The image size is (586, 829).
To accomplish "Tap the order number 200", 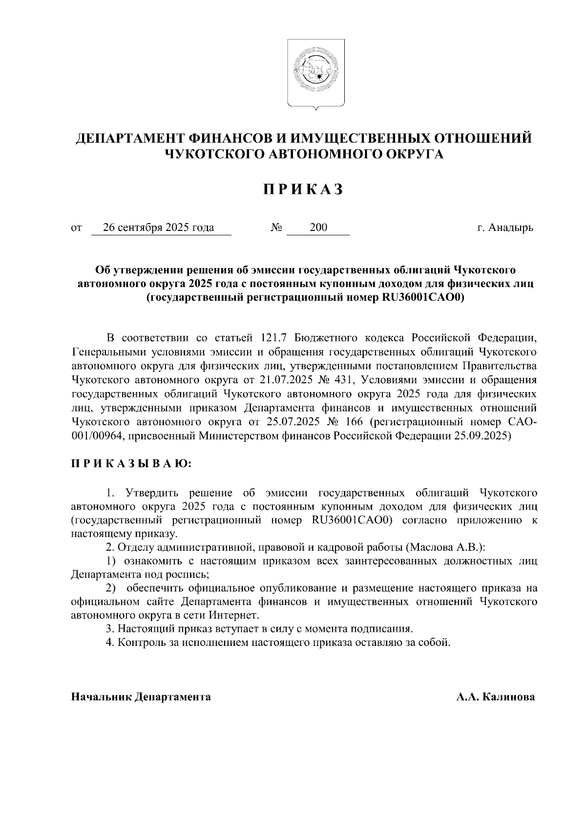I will (318, 228).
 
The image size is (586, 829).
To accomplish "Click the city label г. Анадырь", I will (505, 228).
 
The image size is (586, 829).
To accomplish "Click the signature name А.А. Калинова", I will (495, 697).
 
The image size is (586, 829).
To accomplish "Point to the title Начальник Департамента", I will (141, 697).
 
